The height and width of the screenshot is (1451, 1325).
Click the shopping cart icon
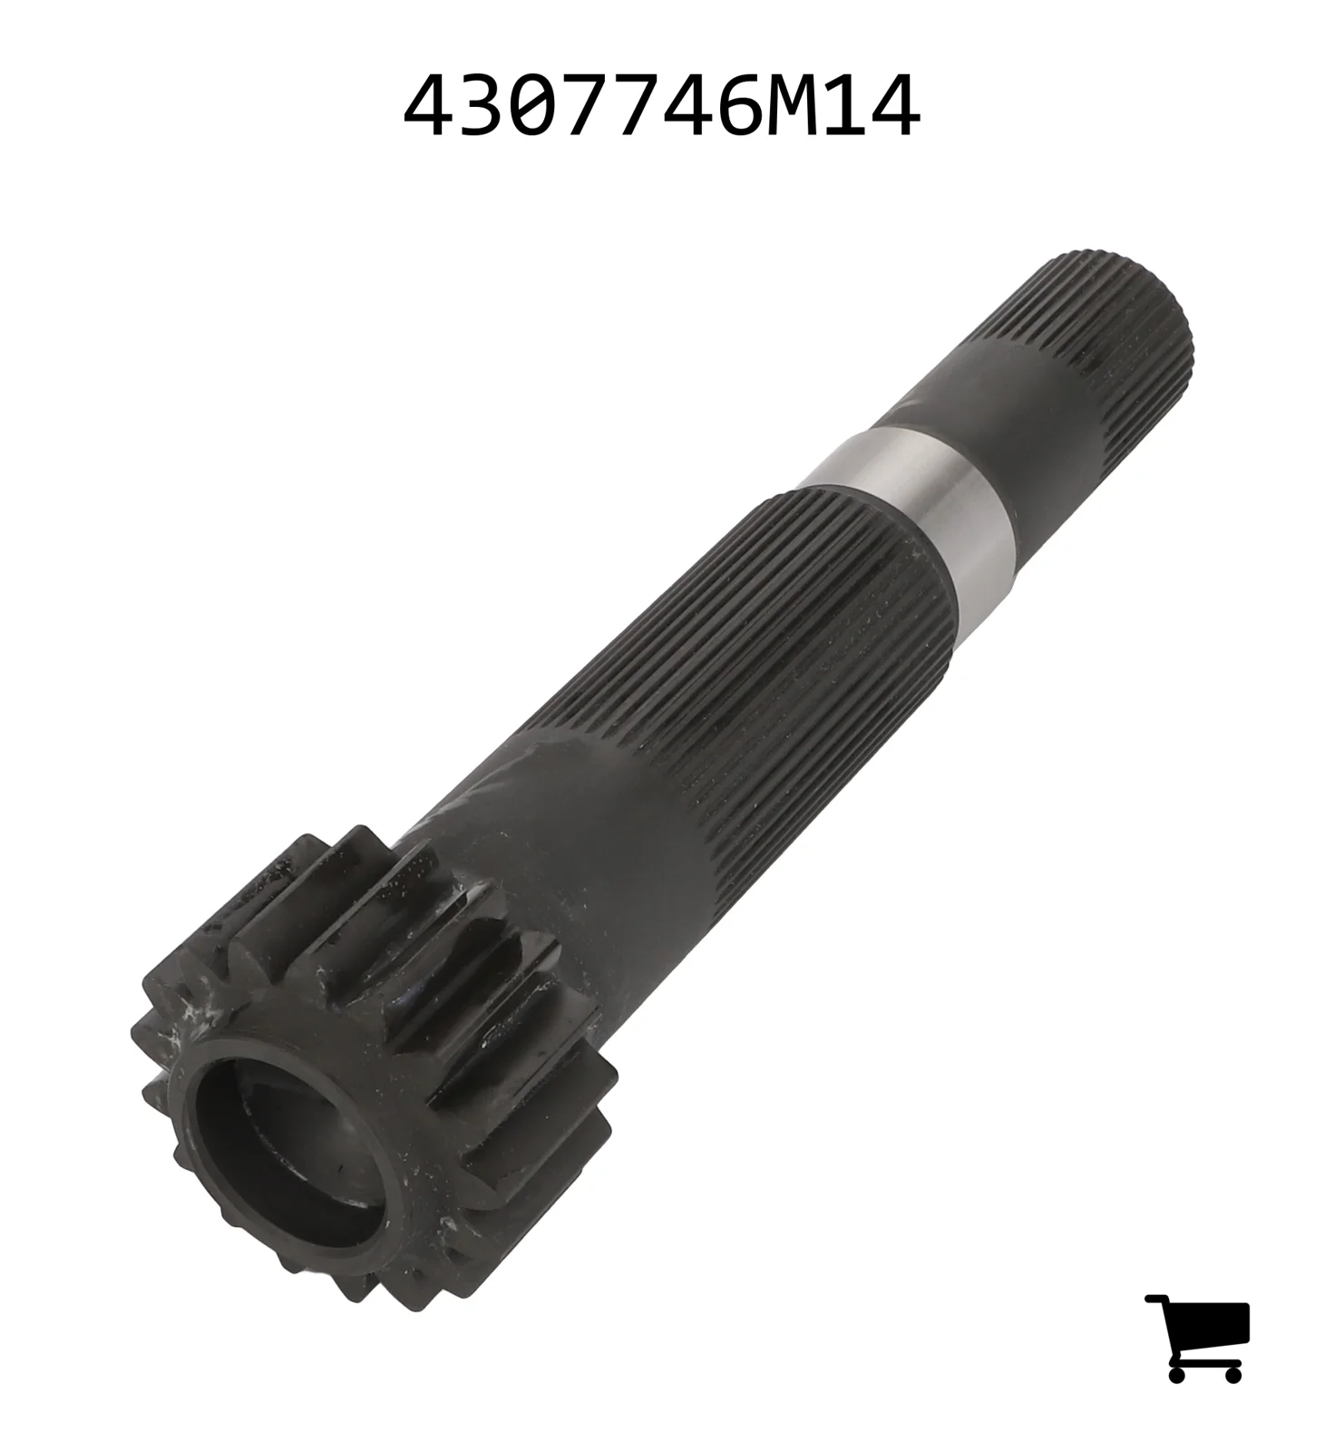(x=1197, y=1339)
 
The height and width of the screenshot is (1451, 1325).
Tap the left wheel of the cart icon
(x=1176, y=1375)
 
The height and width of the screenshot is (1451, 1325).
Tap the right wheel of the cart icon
(x=1232, y=1375)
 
